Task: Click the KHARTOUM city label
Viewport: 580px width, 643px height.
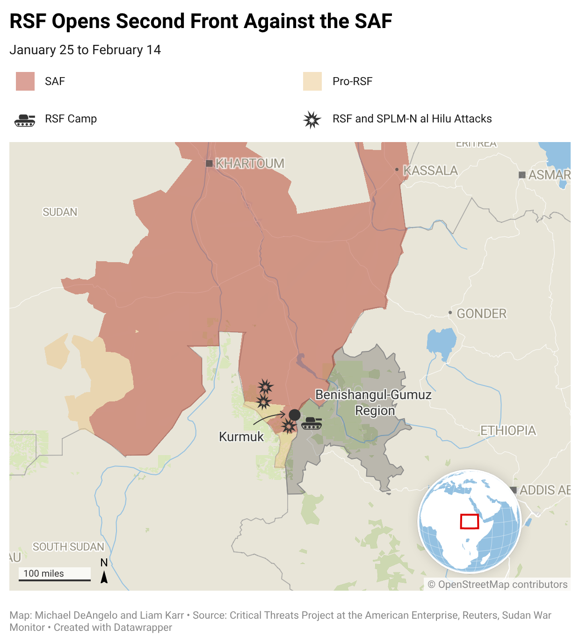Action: (249, 164)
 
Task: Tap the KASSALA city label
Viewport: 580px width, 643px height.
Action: (430, 171)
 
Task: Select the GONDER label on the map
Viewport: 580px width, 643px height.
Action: (481, 314)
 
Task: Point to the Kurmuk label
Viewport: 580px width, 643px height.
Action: (241, 437)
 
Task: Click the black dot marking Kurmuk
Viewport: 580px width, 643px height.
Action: (295, 414)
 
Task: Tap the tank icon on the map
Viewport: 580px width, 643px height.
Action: (312, 423)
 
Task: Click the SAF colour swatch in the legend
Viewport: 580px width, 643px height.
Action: (25, 81)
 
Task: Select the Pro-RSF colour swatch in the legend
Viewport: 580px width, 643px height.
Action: (312, 81)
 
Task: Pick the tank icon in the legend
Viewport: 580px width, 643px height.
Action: (25, 120)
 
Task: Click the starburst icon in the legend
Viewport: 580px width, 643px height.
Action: (312, 120)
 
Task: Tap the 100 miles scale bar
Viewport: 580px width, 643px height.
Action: (55, 579)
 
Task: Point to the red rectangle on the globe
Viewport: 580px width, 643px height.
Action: (469, 521)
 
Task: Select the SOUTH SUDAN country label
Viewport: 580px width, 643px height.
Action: (68, 547)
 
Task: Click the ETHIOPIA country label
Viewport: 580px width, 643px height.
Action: (508, 430)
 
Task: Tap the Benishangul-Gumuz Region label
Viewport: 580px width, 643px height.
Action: (373, 402)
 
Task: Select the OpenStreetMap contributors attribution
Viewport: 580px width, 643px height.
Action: (498, 585)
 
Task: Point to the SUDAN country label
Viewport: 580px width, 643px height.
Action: (60, 212)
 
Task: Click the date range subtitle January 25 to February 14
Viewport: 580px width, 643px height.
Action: (85, 50)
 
